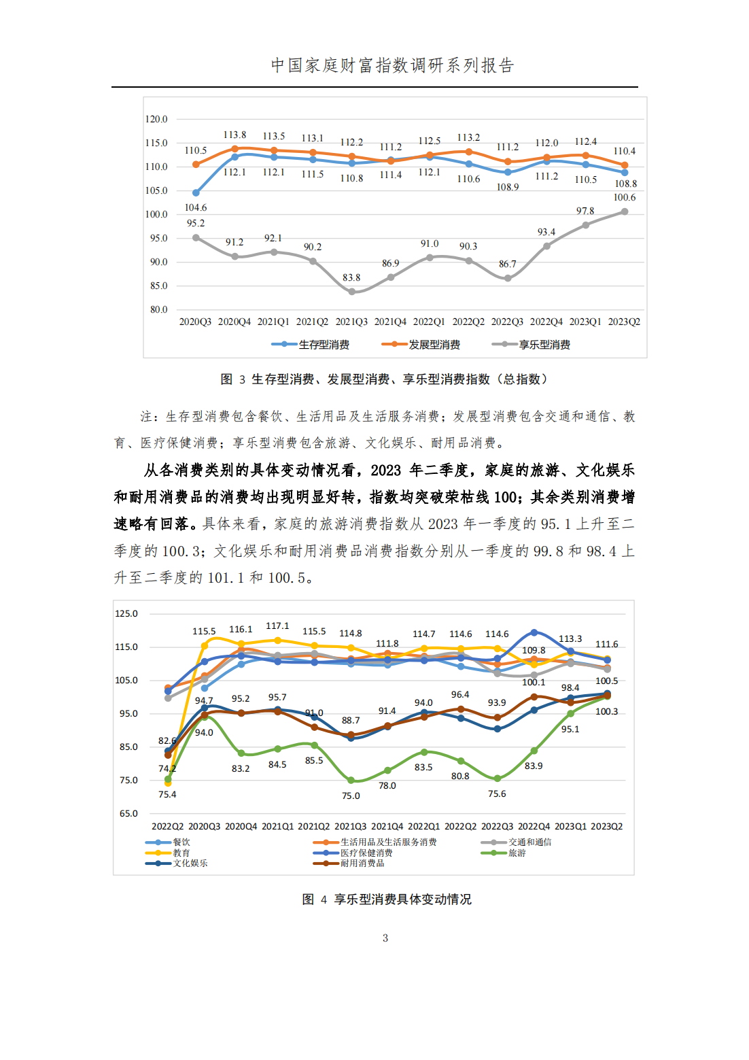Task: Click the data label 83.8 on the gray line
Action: coord(351,278)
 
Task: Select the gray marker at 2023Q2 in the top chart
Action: coord(624,211)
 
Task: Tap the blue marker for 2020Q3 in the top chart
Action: coord(196,192)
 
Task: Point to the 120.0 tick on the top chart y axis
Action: coord(156,119)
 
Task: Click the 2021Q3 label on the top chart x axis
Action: coord(351,322)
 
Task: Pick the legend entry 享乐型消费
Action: coord(531,345)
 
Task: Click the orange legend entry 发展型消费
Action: coord(421,345)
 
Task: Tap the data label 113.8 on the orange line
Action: coord(234,135)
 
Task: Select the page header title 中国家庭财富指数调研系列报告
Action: coord(392,65)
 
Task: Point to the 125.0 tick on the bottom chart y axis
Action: coord(126,613)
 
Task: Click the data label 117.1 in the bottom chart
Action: coord(277,626)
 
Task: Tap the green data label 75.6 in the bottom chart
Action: coord(497,793)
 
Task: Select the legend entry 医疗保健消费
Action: coord(353,853)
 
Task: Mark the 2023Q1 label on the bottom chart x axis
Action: coord(570,826)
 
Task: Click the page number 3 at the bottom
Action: coord(385,938)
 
